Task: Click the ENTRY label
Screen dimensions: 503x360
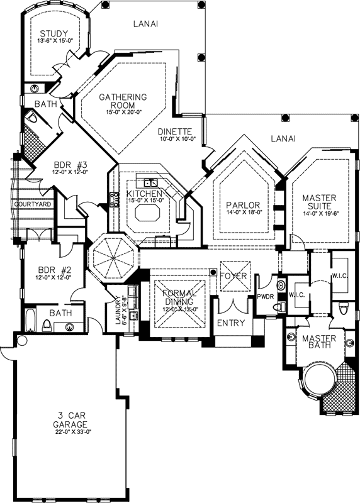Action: (230, 323)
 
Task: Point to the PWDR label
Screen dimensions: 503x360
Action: (264, 296)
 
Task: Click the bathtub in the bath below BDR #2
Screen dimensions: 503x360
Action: (30, 320)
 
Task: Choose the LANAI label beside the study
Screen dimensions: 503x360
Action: (145, 24)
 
